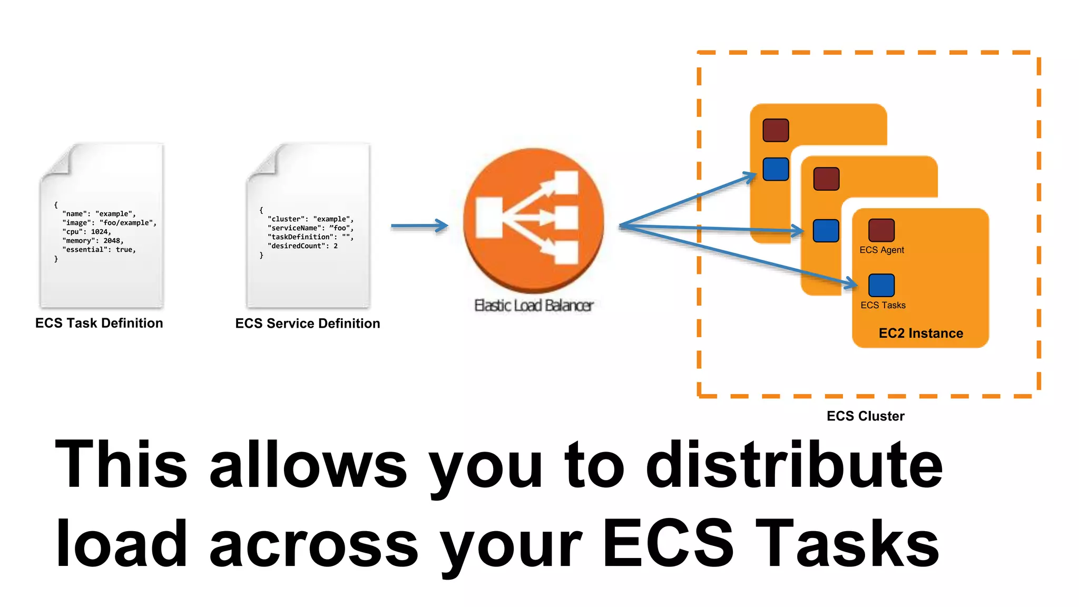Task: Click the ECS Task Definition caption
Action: point(99,323)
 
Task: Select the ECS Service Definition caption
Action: point(308,324)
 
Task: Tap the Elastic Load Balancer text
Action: point(534,306)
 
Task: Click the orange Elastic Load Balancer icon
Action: point(533,220)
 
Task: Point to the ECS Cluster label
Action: point(865,416)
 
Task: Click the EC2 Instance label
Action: point(920,334)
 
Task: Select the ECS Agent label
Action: point(881,250)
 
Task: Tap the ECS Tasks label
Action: point(883,306)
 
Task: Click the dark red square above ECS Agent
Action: point(881,230)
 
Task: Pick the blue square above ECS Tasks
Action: point(881,285)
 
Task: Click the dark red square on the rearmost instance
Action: point(776,130)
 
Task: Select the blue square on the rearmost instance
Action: point(776,169)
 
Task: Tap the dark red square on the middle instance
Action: point(826,179)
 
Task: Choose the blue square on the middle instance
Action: point(826,231)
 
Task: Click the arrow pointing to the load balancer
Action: point(419,226)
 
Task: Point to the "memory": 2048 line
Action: point(93,241)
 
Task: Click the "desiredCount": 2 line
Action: point(302,246)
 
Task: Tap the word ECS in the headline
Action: point(668,543)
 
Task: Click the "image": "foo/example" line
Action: point(109,223)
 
